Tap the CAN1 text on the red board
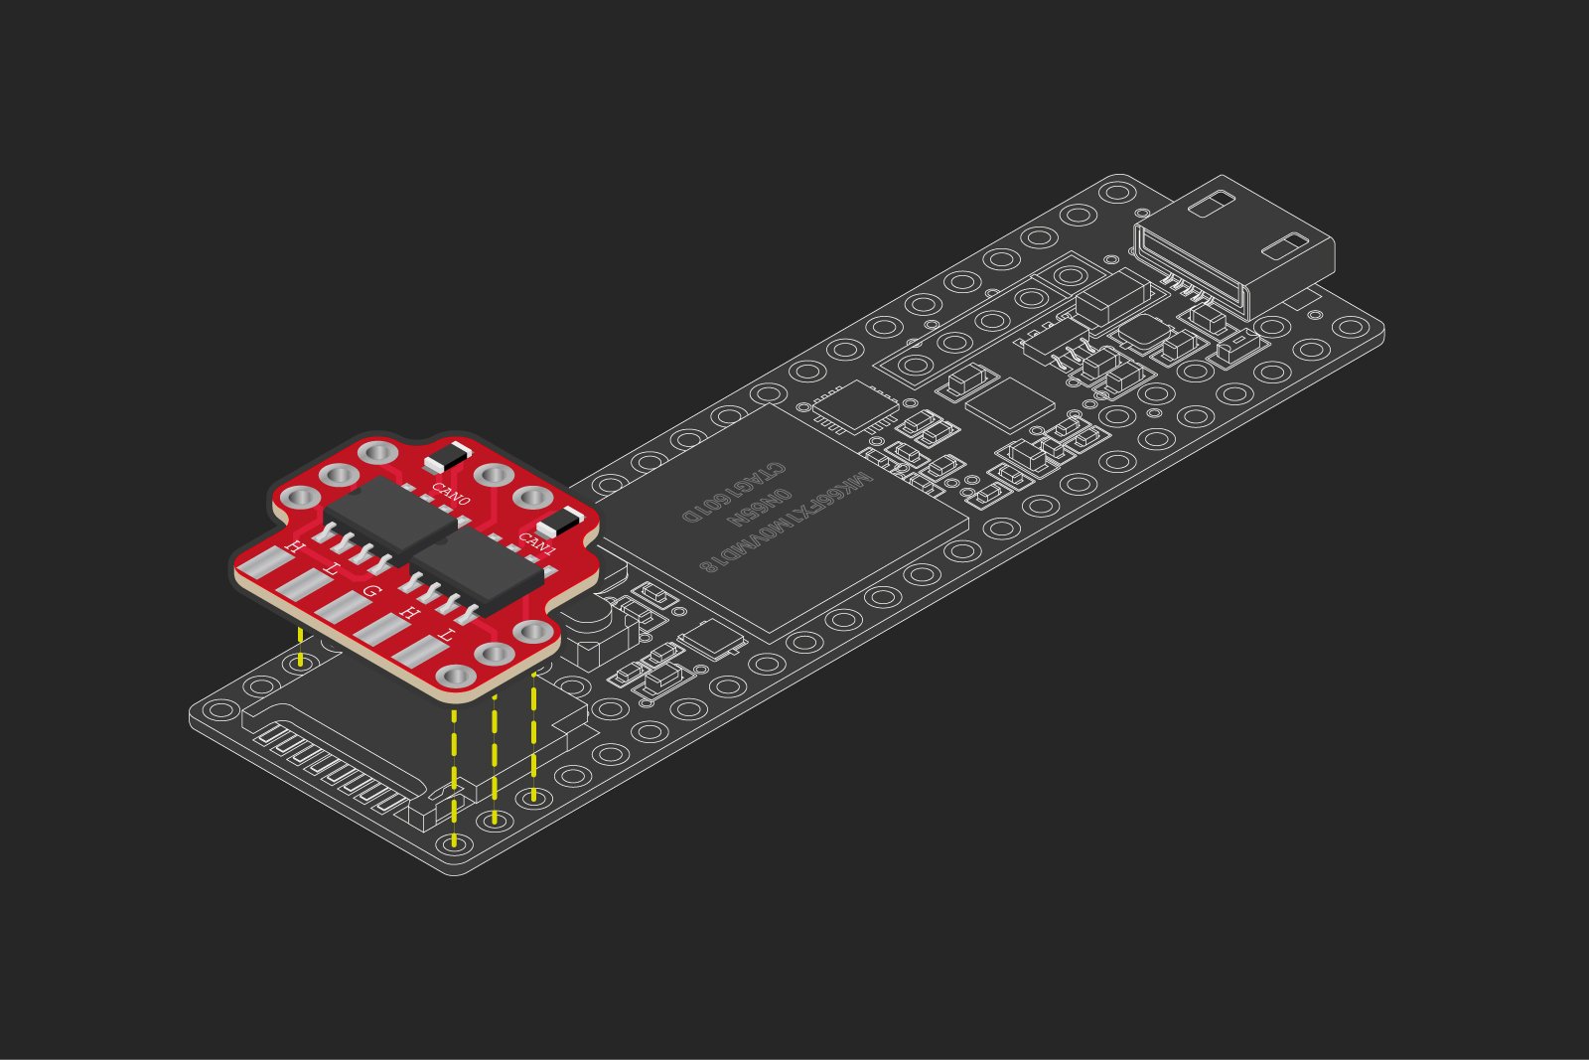(x=537, y=543)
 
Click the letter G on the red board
(x=371, y=592)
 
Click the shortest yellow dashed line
(x=300, y=647)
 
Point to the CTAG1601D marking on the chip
(x=734, y=493)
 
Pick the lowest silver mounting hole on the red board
(x=456, y=677)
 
